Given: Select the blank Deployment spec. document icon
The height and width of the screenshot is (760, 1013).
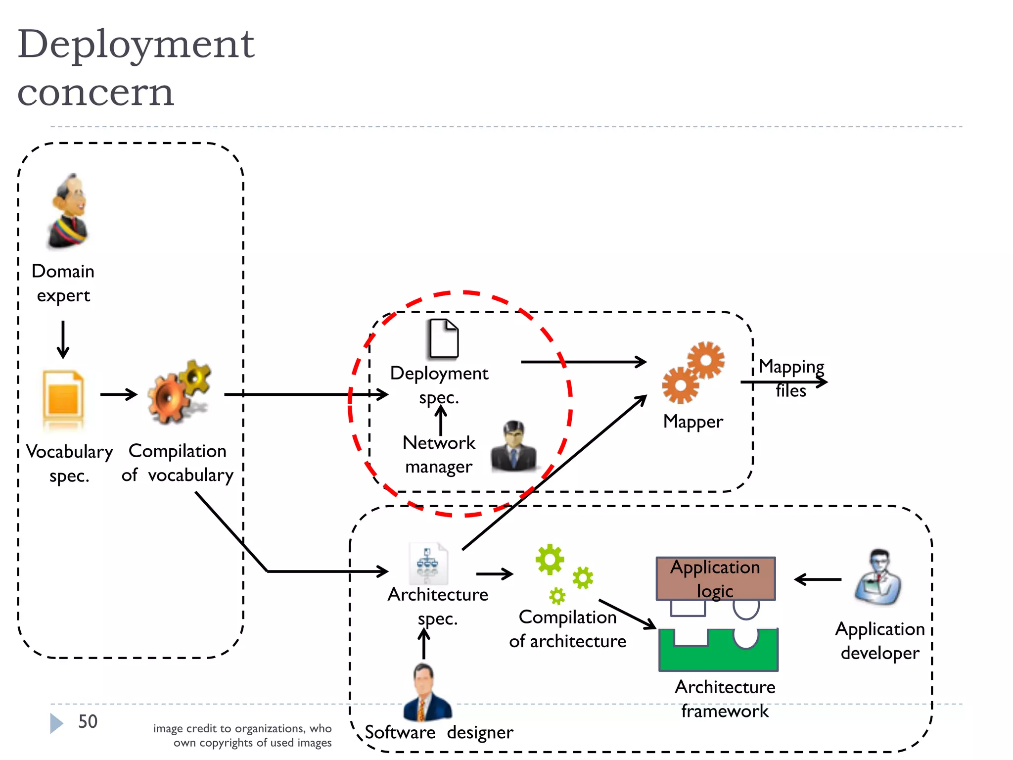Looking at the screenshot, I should tap(443, 339).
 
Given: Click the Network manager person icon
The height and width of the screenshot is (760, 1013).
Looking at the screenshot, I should tap(514, 446).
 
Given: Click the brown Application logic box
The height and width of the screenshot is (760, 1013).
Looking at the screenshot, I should tap(715, 578).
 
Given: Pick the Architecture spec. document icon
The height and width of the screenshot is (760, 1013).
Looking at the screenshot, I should tap(428, 564).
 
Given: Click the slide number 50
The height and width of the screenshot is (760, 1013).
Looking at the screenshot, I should tap(88, 721).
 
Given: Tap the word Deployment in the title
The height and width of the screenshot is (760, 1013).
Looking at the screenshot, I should tap(136, 45).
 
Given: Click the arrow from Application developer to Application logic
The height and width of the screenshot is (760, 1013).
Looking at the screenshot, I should tap(818, 579).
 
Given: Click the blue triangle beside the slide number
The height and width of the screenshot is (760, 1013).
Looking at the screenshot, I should tap(56, 723).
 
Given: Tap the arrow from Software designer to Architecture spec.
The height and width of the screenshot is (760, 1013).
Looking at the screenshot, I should tap(424, 643).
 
